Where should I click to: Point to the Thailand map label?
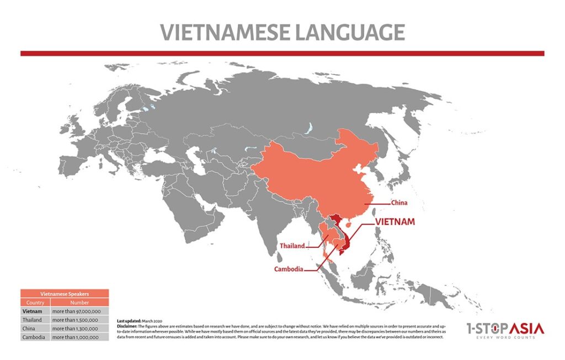pos(292,246)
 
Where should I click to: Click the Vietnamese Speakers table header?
pos(65,294)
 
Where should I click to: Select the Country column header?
pos(35,303)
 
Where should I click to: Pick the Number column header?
pos(79,303)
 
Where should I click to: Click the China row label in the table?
pos(29,329)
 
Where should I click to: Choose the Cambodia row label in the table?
pos(34,337)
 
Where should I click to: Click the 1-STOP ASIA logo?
pos(504,331)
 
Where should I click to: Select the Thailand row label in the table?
pos(33,320)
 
